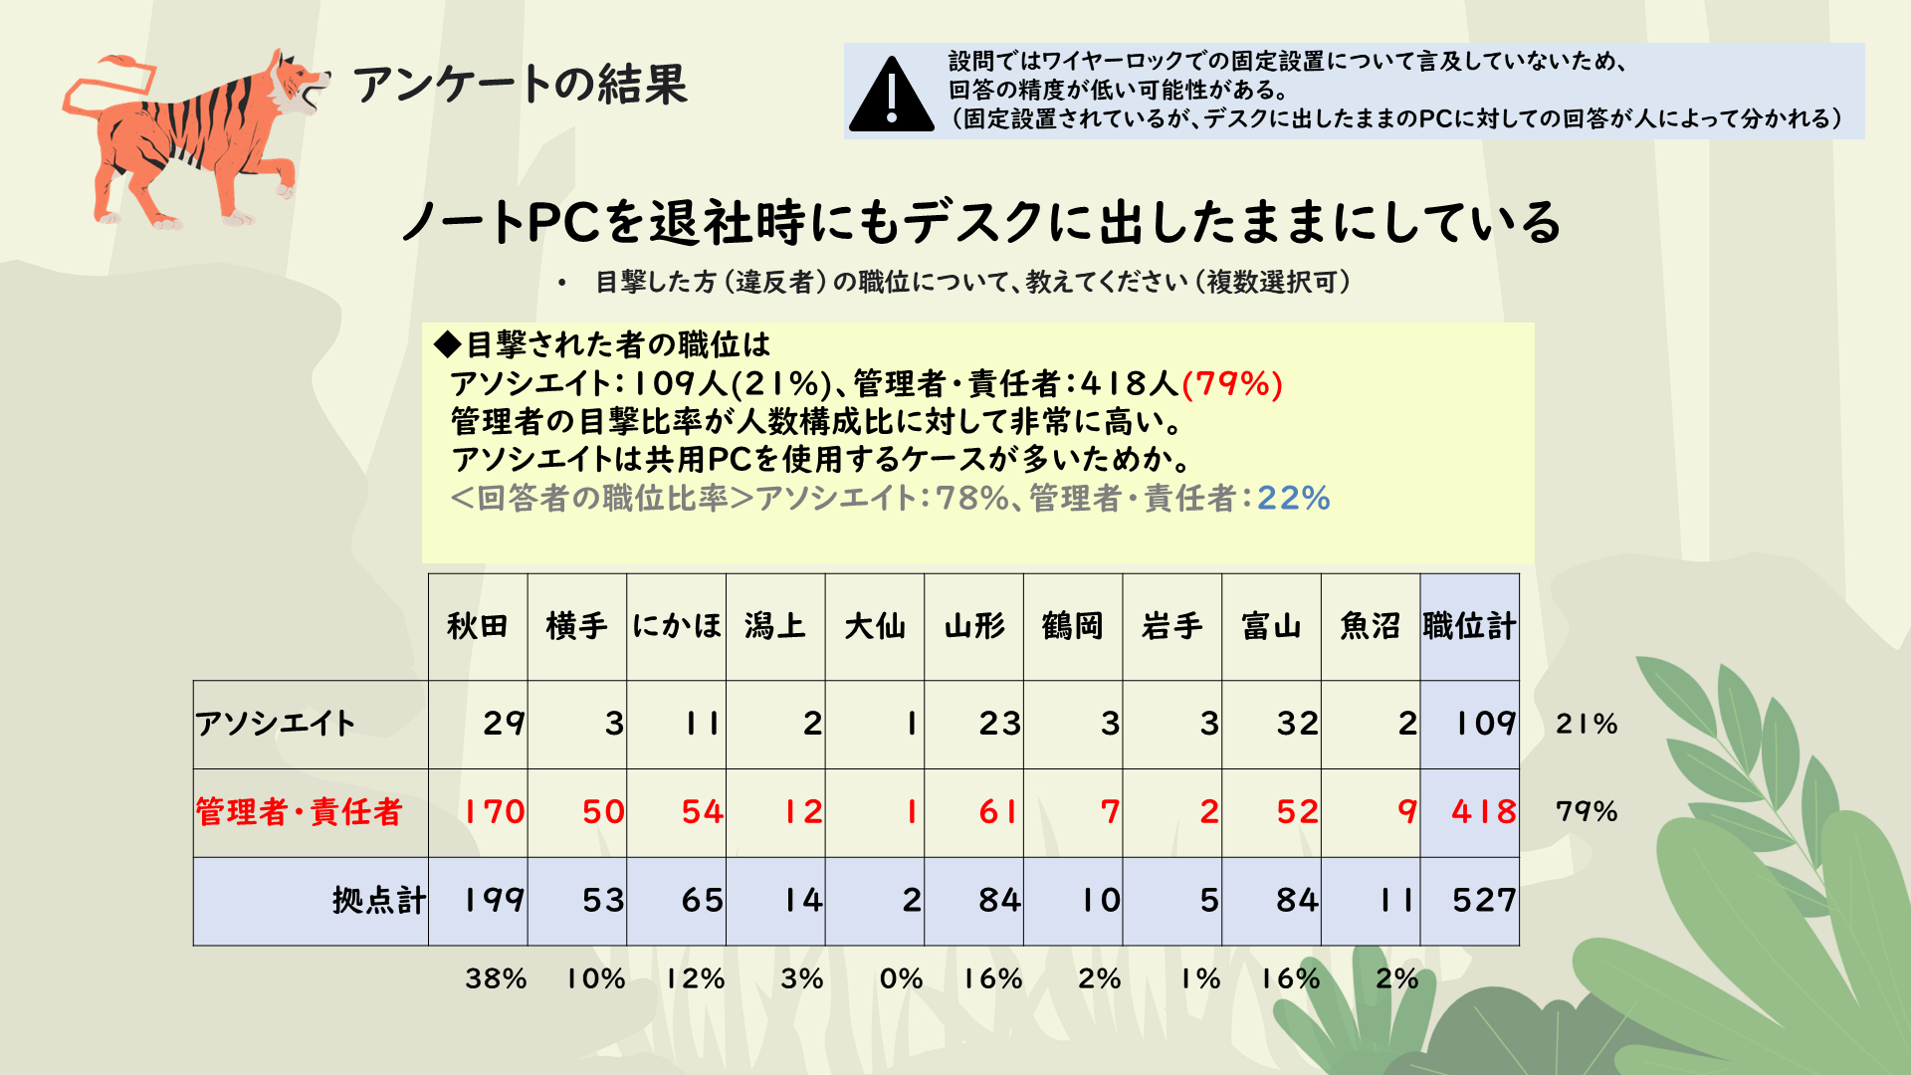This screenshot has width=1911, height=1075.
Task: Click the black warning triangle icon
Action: pyautogui.click(x=891, y=96)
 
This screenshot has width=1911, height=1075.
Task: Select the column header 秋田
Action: pyautogui.click(x=478, y=626)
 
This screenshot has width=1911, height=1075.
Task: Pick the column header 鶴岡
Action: pyautogui.click(x=1073, y=626)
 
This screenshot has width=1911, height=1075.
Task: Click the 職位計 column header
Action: pyautogui.click(x=1469, y=626)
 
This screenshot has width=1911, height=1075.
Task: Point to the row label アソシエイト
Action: pyautogui.click(x=276, y=724)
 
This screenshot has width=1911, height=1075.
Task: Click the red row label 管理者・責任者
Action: pyautogui.click(x=299, y=812)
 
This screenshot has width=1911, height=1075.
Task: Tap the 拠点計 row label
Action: pyautogui.click(x=379, y=901)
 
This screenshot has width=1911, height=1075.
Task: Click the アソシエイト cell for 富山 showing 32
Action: pyautogui.click(x=1297, y=724)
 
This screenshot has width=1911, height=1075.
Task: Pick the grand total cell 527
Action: pyautogui.click(x=1483, y=901)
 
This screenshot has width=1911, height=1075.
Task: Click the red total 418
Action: pyautogui.click(x=1483, y=812)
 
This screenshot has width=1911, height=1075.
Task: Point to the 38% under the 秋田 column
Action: pyautogui.click(x=496, y=978)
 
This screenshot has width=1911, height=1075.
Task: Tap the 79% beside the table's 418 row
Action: pyautogui.click(x=1587, y=812)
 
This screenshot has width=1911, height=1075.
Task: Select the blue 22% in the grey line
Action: pyautogui.click(x=1293, y=498)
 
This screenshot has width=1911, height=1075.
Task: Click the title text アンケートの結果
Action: pyautogui.click(x=521, y=85)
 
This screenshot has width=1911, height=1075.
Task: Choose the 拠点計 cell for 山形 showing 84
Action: pyautogui.click(x=998, y=901)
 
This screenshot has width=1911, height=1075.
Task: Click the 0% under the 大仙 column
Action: pyautogui.click(x=901, y=978)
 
